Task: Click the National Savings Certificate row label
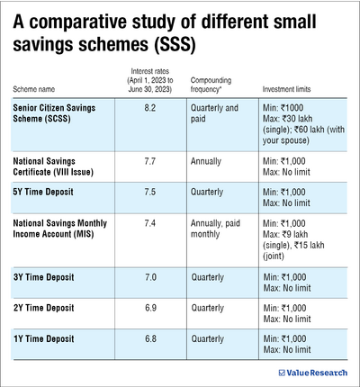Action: pyautogui.click(x=59, y=166)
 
